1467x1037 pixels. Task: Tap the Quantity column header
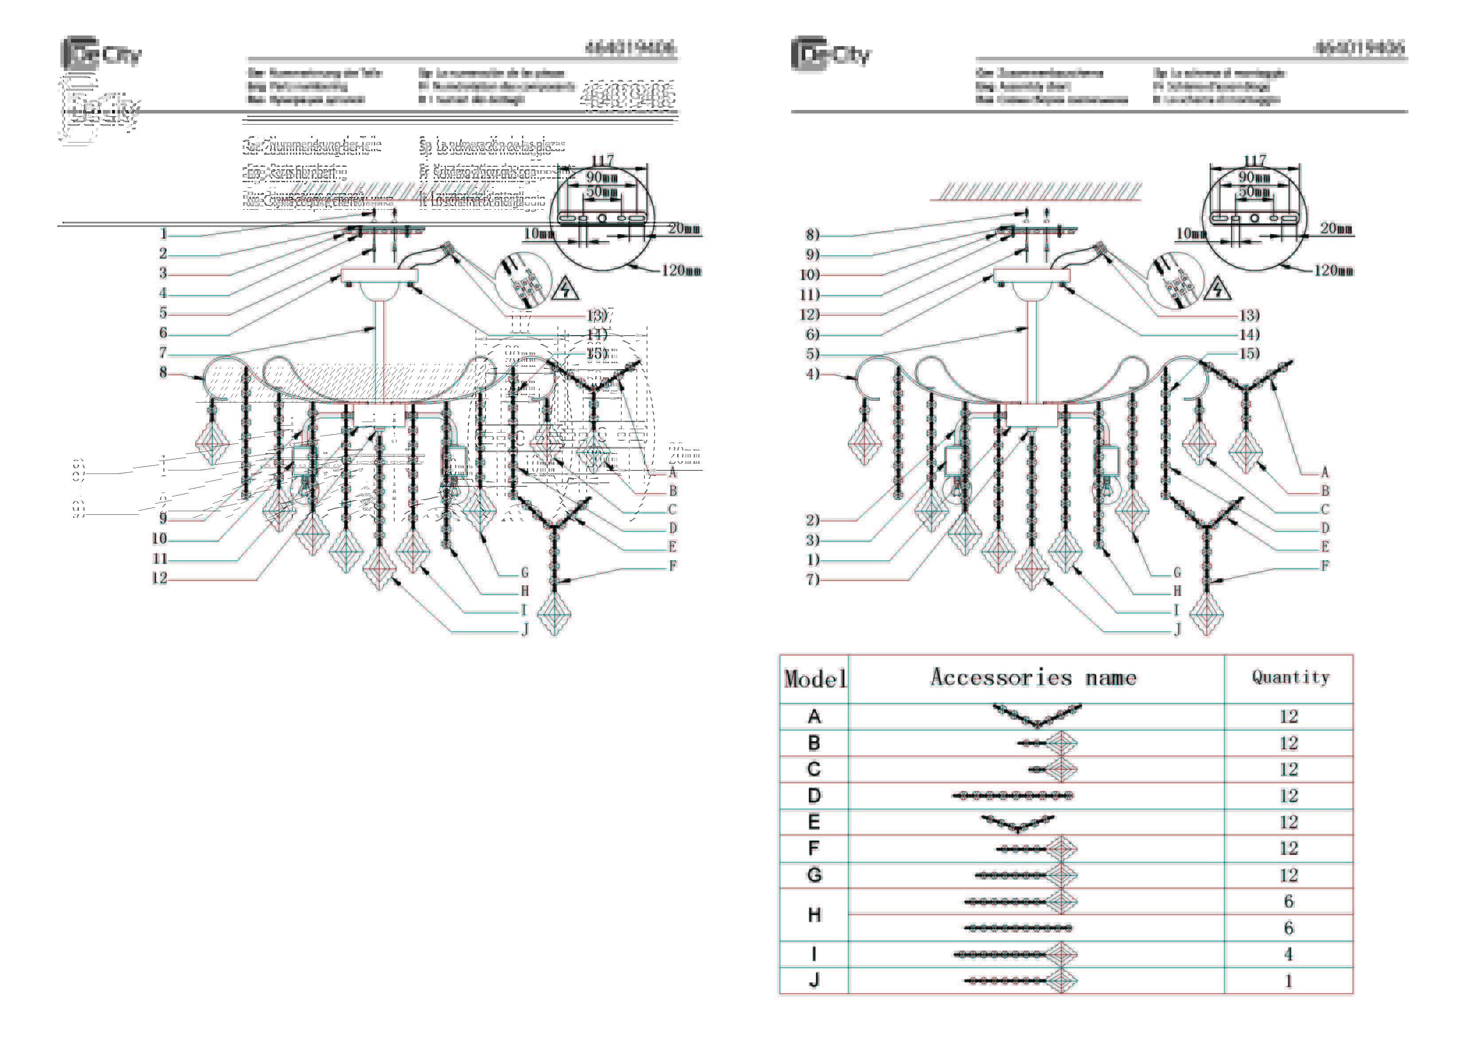1290,677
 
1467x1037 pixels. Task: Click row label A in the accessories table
814,717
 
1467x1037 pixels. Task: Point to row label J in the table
814,980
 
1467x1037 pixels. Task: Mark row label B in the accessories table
814,743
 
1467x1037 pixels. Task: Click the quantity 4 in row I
1289,955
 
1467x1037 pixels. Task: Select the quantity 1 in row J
1289,981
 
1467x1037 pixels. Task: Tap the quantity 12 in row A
1289,717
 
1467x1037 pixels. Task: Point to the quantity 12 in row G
1289,875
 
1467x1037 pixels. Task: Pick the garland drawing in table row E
1018,823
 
